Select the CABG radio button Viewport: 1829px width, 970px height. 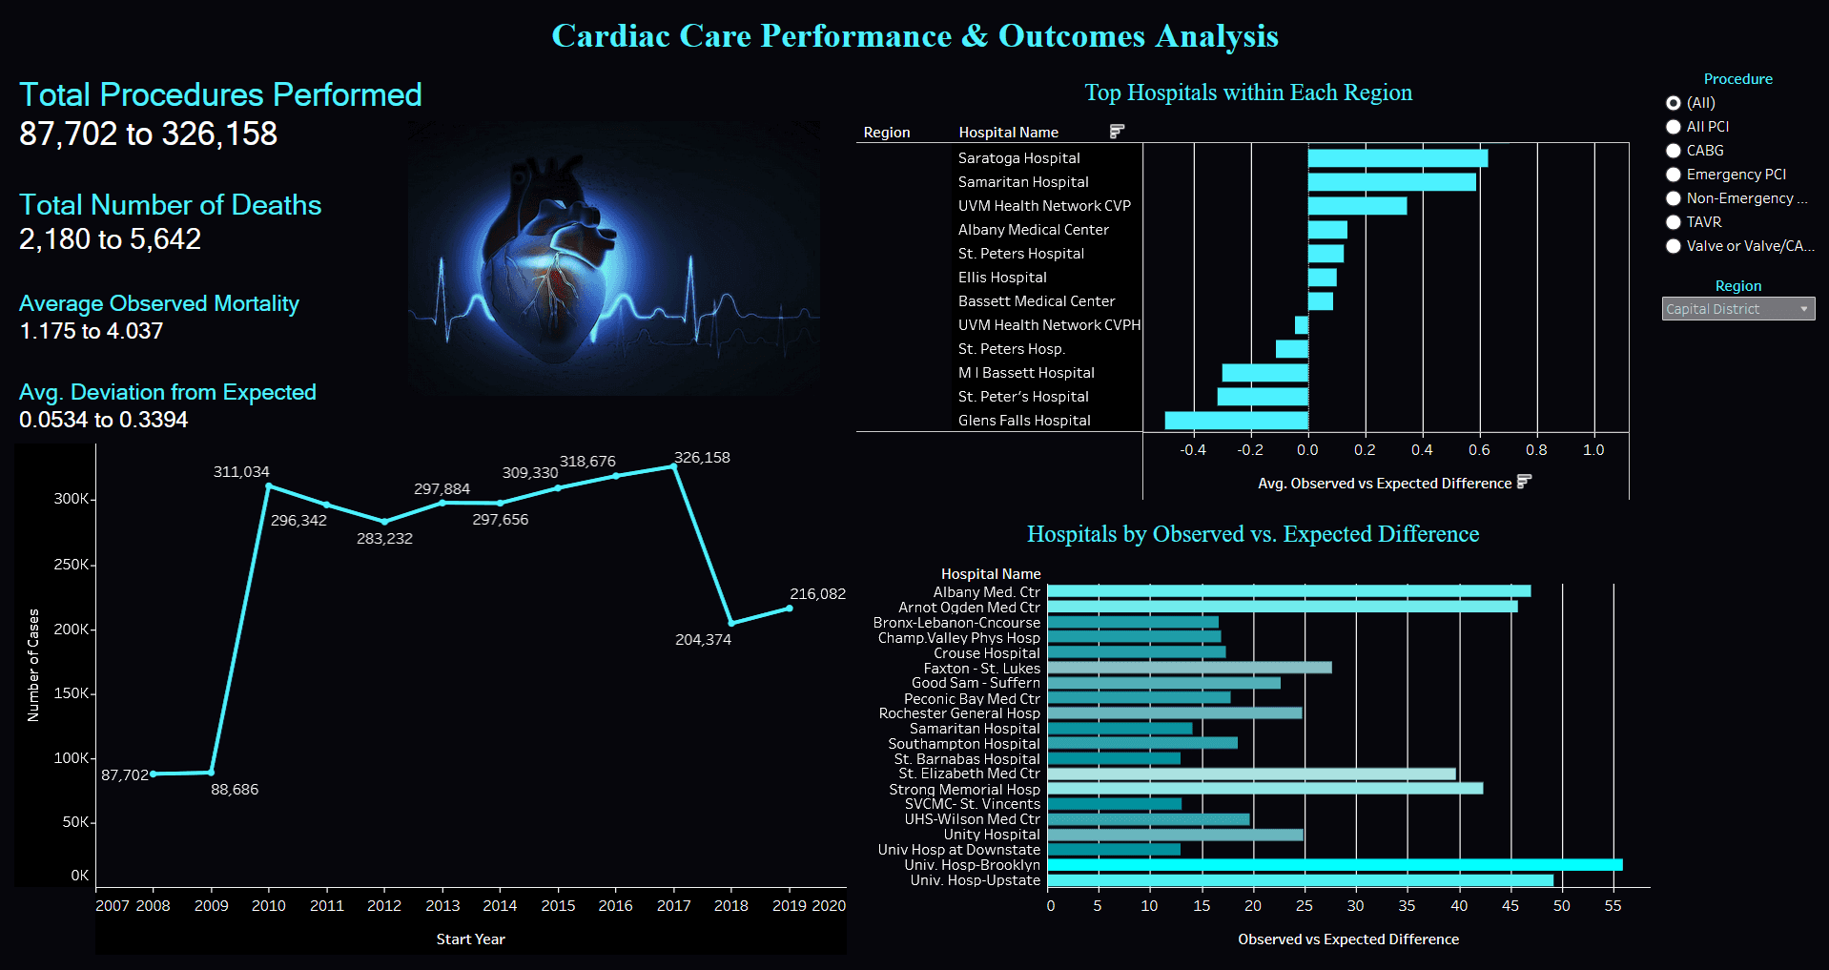tap(1674, 151)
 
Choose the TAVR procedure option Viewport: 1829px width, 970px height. tap(1674, 222)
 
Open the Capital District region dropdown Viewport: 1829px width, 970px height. tap(1737, 309)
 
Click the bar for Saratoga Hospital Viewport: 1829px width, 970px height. tap(1397, 158)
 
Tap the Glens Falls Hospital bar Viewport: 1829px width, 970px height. tap(1236, 421)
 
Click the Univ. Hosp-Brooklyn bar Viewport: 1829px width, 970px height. tap(1335, 865)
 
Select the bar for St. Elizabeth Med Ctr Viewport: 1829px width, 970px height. tap(1251, 774)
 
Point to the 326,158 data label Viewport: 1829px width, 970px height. tap(702, 458)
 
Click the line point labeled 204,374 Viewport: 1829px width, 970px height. tap(731, 623)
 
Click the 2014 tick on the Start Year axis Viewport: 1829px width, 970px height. tap(500, 906)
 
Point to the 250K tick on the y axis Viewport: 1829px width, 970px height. tap(72, 565)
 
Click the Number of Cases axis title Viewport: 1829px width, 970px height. tap(33, 665)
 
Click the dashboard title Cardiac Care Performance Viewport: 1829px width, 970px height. tap(914, 36)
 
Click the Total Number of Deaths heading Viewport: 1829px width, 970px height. tap(171, 205)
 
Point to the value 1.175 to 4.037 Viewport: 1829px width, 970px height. tap(92, 331)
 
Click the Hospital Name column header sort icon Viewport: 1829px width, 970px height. tap(1117, 132)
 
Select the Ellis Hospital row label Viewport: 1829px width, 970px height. tap(1002, 278)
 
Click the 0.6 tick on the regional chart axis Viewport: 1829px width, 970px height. tap(1479, 450)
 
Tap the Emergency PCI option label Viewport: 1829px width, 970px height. tap(1736, 175)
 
